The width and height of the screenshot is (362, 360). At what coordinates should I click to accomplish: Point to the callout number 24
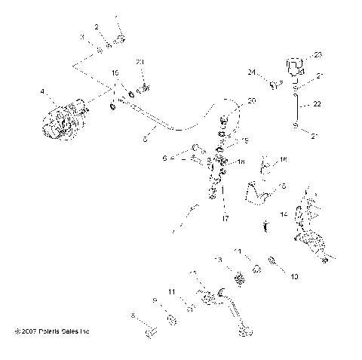(253, 72)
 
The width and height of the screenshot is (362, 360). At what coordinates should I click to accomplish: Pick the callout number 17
(225, 219)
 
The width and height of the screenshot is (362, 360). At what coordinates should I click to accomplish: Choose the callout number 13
(219, 260)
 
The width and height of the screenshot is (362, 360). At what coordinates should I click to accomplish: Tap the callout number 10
(294, 277)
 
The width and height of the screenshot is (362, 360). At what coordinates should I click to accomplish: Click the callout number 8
(133, 315)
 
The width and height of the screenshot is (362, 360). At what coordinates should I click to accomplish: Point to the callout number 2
(97, 27)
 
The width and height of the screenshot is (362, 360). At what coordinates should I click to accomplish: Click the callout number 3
(81, 36)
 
